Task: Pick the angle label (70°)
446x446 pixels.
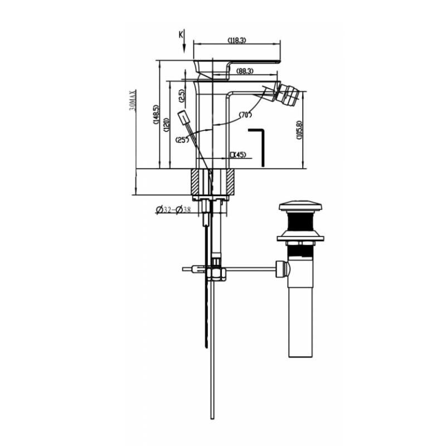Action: (x=246, y=115)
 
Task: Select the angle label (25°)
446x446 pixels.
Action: (x=182, y=139)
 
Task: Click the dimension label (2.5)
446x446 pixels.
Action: (x=182, y=96)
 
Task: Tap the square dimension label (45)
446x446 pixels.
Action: (x=238, y=154)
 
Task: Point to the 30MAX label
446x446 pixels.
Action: (x=132, y=100)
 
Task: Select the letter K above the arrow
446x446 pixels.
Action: (x=181, y=35)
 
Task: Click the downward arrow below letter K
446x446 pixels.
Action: (x=184, y=48)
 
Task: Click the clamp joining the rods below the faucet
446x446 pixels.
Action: (x=216, y=273)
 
